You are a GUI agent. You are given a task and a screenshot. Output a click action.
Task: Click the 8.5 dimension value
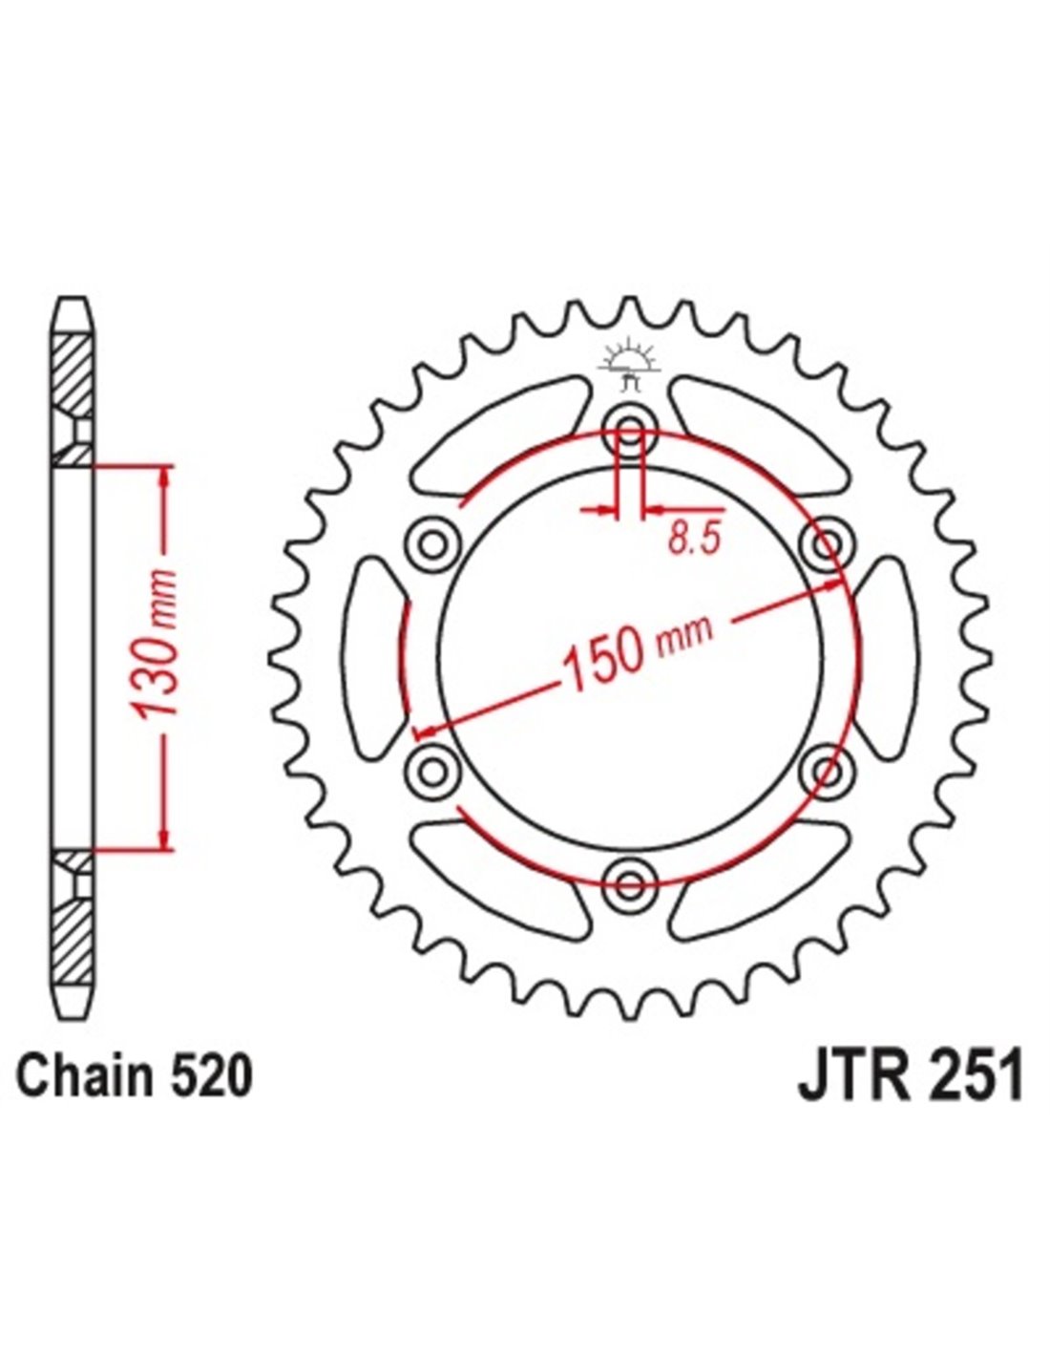691,541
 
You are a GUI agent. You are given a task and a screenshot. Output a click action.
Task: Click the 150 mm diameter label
637,652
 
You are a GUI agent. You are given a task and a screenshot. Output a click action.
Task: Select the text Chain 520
136,1077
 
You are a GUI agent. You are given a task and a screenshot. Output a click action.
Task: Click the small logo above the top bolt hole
629,366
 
